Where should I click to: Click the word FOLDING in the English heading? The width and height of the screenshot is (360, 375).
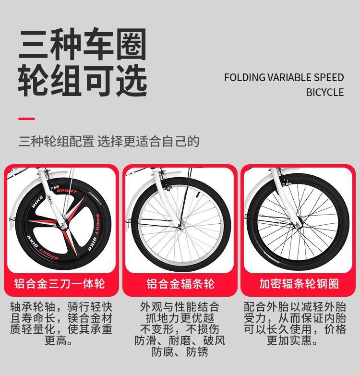coord(244,78)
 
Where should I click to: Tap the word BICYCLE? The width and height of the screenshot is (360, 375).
coord(325,92)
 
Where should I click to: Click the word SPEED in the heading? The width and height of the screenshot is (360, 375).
coord(329,78)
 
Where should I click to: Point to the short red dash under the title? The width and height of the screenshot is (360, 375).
coord(26,118)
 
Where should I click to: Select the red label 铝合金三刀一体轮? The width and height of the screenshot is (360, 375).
coord(60,283)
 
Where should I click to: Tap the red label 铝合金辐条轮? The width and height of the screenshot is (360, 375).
coord(180,283)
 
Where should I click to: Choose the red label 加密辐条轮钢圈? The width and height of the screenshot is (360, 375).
coord(299,283)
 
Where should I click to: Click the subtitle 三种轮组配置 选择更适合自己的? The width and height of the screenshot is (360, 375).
coord(109,142)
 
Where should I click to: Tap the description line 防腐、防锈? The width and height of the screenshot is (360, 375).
coord(180,352)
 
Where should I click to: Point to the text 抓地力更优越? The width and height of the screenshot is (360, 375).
coord(180,318)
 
